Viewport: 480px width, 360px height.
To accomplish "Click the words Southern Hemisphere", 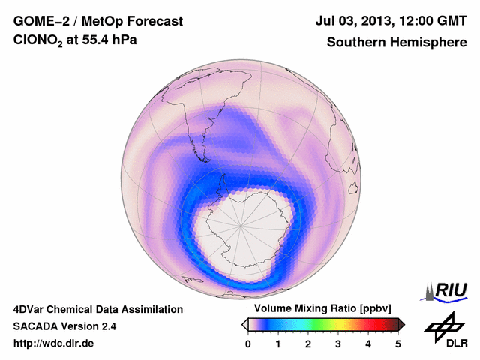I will [396, 43].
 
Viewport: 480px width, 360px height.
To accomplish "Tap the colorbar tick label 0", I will [248, 343].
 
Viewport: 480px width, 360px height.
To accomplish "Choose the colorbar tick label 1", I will [278, 343].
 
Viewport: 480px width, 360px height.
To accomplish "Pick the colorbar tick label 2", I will [308, 343].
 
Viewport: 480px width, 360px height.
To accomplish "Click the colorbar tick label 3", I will [338, 343].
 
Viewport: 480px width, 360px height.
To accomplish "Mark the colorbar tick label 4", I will [368, 343].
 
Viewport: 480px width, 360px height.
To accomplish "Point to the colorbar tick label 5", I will [398, 343].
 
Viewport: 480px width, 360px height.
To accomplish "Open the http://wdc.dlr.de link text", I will [53, 343].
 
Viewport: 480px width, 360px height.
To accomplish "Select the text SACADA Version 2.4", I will [64, 326].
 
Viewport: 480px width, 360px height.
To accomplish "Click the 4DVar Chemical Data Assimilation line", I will [97, 309].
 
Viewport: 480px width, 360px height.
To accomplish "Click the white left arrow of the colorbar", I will [244, 324].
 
